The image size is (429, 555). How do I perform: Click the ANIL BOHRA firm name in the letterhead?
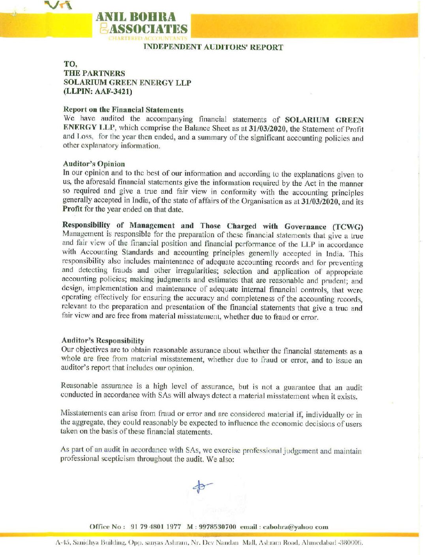[x=136, y=17]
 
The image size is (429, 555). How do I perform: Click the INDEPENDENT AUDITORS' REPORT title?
[x=213, y=47]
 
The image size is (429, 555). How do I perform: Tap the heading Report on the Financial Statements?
[x=123, y=110]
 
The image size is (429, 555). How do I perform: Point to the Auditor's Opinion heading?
[x=94, y=164]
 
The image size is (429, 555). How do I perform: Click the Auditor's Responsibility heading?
[x=103, y=340]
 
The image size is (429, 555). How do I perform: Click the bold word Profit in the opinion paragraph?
[x=72, y=209]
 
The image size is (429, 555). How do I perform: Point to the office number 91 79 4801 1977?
[x=155, y=527]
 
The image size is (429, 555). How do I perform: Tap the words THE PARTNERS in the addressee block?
[x=94, y=73]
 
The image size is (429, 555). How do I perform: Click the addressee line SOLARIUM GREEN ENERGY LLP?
[x=127, y=82]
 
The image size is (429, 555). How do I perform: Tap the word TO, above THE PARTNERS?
[x=70, y=64]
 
